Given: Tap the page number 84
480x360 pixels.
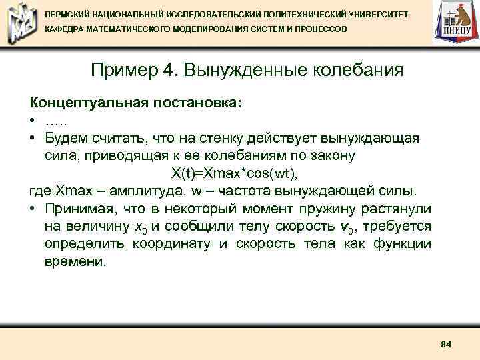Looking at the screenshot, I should (x=447, y=344).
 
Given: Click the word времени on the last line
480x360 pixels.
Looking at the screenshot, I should (x=75, y=261).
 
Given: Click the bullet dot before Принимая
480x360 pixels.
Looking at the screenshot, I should (x=32, y=209).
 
